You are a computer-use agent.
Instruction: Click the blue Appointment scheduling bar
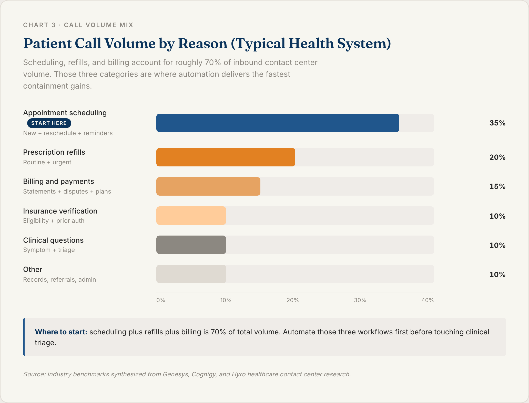click(x=278, y=123)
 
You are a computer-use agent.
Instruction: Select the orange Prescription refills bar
click(x=226, y=157)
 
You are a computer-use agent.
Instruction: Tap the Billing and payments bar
click(x=208, y=186)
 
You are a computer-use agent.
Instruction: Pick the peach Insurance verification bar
click(x=191, y=216)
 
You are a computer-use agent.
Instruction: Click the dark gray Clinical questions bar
click(x=191, y=245)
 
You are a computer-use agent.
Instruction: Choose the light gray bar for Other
click(x=191, y=274)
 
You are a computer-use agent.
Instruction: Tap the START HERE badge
click(x=49, y=123)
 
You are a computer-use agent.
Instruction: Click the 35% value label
click(x=497, y=123)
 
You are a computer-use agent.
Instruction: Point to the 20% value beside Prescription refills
click(x=497, y=157)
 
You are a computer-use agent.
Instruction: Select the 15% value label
click(x=497, y=187)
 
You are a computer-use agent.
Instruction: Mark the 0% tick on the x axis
click(x=161, y=300)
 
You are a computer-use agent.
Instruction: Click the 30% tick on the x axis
click(x=360, y=300)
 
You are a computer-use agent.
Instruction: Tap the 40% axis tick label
click(x=428, y=300)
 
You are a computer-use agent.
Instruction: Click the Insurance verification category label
click(x=60, y=211)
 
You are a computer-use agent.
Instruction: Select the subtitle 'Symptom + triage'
click(x=49, y=250)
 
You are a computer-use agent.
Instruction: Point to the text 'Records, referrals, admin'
click(x=59, y=280)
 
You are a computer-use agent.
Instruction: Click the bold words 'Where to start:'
click(x=61, y=332)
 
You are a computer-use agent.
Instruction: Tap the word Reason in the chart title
click(x=203, y=43)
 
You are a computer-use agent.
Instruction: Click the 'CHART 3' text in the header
click(x=39, y=25)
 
